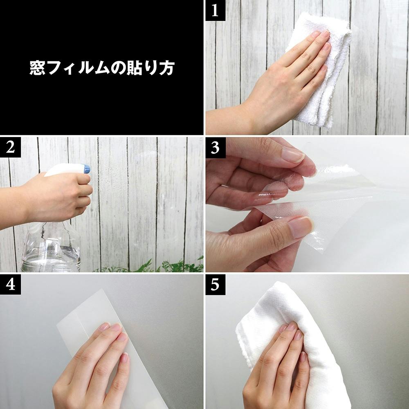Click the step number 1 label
(x=215, y=11)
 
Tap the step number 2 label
(x=11, y=147)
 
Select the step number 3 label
(x=215, y=148)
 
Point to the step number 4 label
(x=11, y=285)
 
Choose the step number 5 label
(x=215, y=285)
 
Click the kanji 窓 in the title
(x=37, y=68)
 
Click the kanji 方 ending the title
(x=166, y=68)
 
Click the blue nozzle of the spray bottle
(x=87, y=169)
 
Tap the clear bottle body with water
(x=51, y=248)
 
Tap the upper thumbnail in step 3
(x=293, y=155)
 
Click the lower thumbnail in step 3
(x=300, y=227)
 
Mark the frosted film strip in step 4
(x=110, y=347)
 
